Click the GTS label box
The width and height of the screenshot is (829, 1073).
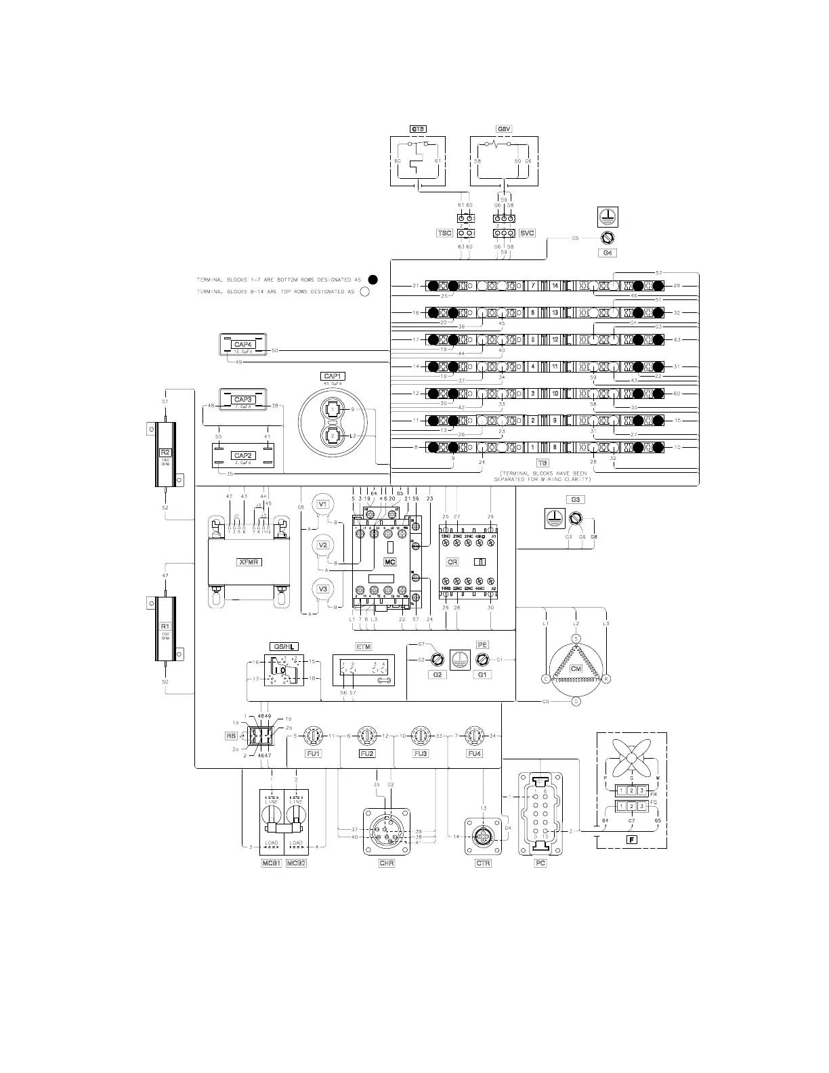(x=418, y=129)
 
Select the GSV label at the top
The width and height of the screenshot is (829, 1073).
(x=505, y=129)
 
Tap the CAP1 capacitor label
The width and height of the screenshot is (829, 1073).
(x=333, y=376)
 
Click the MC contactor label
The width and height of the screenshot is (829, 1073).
(x=389, y=562)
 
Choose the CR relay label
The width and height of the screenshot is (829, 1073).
(x=452, y=562)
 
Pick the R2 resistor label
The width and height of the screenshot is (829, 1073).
(x=164, y=452)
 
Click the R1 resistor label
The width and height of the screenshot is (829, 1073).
(x=164, y=627)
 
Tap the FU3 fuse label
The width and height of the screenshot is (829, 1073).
(x=420, y=754)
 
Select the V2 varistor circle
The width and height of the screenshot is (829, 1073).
(x=323, y=545)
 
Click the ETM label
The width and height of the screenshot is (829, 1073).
(x=364, y=647)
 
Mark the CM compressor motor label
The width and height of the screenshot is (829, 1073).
(x=576, y=669)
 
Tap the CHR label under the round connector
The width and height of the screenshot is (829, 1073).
(x=387, y=863)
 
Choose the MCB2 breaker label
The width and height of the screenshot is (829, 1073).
(x=296, y=863)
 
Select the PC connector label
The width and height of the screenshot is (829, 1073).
(x=540, y=863)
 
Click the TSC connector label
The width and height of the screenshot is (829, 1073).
(x=444, y=233)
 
